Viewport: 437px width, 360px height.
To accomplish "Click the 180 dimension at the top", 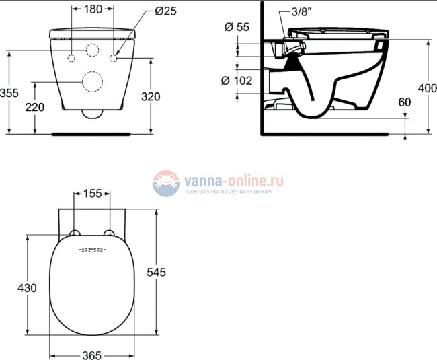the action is [93, 9].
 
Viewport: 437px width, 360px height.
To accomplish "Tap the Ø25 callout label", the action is [165, 11].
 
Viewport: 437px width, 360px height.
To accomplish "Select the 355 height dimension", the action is [9, 93].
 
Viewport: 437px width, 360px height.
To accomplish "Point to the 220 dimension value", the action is [35, 107].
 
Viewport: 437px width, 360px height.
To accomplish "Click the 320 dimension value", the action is [151, 96].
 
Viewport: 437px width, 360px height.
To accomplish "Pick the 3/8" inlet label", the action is [302, 12].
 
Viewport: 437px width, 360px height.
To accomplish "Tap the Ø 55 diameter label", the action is [237, 27].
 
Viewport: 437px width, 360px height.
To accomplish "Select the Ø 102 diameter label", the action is [237, 81].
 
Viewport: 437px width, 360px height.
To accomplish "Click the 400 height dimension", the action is [427, 88].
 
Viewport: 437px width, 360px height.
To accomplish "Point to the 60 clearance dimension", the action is [404, 102].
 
